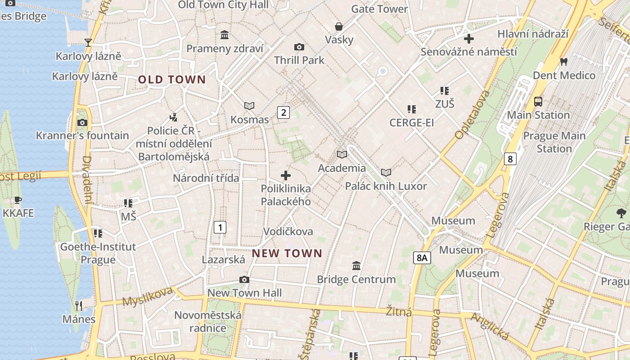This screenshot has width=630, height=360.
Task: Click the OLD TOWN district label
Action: pos(171,80)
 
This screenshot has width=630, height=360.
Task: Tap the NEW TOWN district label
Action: pos(287,253)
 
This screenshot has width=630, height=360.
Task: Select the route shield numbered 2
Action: pos(283,112)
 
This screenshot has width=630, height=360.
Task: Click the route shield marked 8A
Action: pos(422,258)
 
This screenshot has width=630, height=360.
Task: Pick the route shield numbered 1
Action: pos(220,227)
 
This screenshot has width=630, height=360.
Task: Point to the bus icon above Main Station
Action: pos(538,101)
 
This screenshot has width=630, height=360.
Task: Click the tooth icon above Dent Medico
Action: pos(563,62)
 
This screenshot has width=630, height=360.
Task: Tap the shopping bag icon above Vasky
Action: pos(338,27)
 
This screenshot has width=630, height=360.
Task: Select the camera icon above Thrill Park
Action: pos(299,47)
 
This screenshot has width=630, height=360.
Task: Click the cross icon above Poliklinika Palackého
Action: pos(286,175)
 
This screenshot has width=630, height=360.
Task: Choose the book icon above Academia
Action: pos(342,155)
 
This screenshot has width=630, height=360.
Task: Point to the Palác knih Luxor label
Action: pos(386,186)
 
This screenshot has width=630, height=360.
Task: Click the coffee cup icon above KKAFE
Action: pos(18,200)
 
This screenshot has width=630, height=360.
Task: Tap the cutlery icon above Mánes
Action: pos(79,306)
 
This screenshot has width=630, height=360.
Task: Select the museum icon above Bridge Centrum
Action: pos(356,266)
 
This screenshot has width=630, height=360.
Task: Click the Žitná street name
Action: pos(399,311)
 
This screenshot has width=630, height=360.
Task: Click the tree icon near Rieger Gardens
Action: pos(621,213)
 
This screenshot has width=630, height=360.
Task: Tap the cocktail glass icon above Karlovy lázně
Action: pos(88,43)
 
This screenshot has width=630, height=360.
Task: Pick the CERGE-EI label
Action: pos(411,122)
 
